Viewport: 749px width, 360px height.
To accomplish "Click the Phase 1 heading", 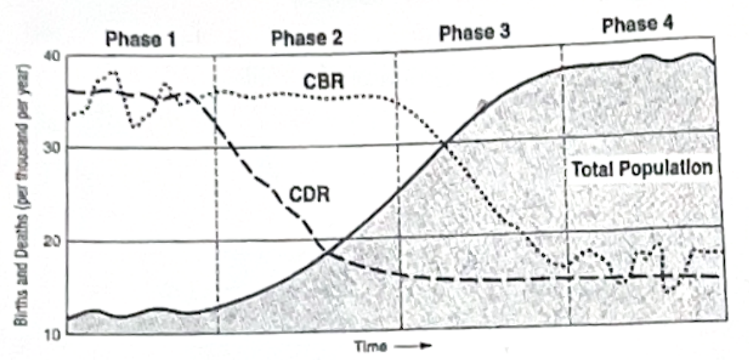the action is pyautogui.click(x=140, y=39).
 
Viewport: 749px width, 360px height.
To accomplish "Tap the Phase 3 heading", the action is pyautogui.click(x=475, y=33).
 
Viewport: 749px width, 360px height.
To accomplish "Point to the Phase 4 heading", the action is pyautogui.click(x=637, y=25).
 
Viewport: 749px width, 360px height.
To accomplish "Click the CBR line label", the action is pyautogui.click(x=324, y=82).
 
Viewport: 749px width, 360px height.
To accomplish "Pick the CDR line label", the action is pyautogui.click(x=310, y=194).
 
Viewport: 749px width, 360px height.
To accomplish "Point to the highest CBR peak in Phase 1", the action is pyautogui.click(x=114, y=73).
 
